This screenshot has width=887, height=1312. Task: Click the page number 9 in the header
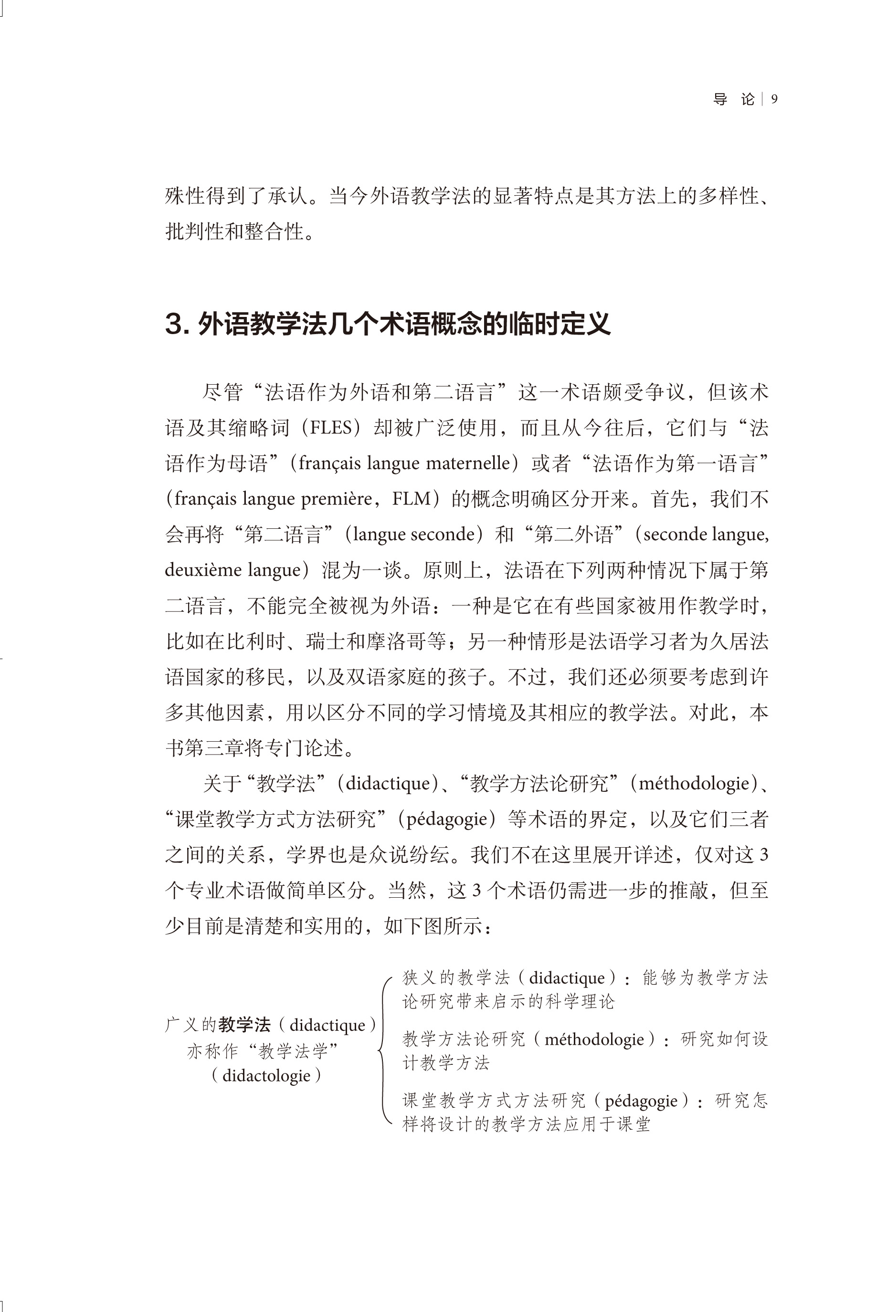pyautogui.click(x=774, y=99)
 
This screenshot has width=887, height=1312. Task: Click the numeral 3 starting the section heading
pyautogui.click(x=176, y=325)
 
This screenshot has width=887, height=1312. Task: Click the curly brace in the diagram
pyautogui.click(x=384, y=1050)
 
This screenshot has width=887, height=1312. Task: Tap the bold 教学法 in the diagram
pyautogui.click(x=244, y=1025)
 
